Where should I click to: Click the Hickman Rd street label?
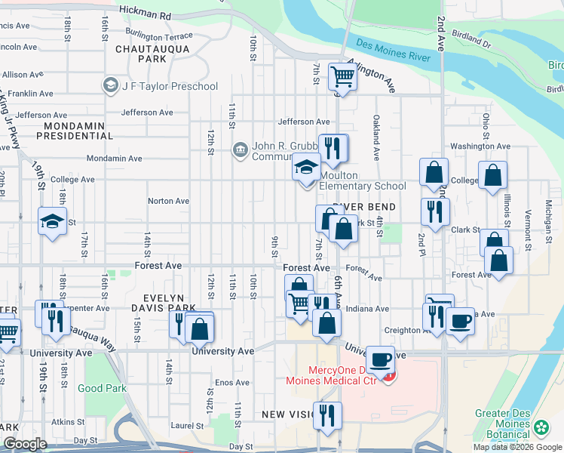point(145,15)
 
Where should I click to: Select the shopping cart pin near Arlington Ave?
point(342,76)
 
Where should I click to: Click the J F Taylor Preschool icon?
point(112,86)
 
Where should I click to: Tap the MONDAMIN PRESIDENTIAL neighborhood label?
point(78,131)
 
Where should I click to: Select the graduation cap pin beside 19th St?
point(52,222)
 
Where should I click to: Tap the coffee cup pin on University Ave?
point(381,359)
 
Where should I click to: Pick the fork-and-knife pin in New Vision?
point(327,415)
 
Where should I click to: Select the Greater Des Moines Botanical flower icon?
point(541,429)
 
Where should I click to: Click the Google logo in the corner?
point(25,444)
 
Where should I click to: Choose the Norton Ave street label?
point(168,202)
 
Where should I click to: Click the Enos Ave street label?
point(231,383)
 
